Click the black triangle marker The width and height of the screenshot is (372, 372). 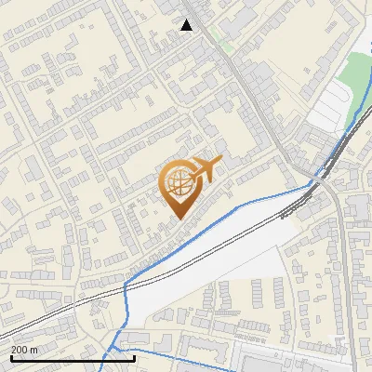click(x=187, y=25)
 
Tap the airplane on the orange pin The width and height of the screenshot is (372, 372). click(x=206, y=169)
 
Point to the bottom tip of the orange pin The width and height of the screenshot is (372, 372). click(x=178, y=219)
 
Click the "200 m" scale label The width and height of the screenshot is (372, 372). click(x=24, y=350)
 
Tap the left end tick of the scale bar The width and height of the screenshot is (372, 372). click(x=11, y=356)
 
